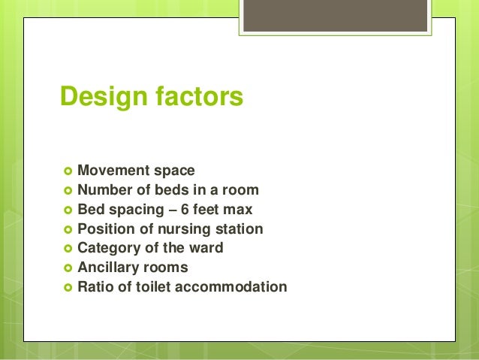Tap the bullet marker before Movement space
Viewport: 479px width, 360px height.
(x=66, y=171)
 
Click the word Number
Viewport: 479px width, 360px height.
(x=104, y=189)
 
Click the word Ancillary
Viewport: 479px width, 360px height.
(x=108, y=268)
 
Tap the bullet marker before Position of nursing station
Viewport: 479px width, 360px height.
(x=66, y=229)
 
